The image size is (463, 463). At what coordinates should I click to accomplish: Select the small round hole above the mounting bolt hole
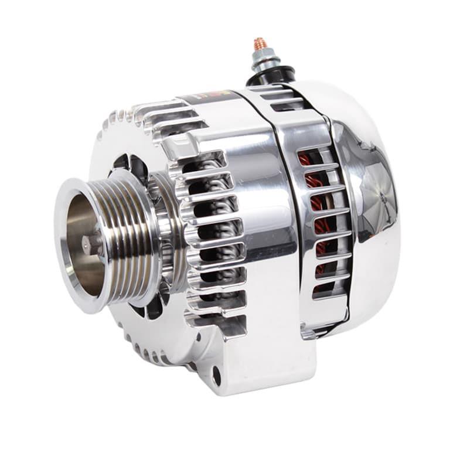[199, 338]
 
